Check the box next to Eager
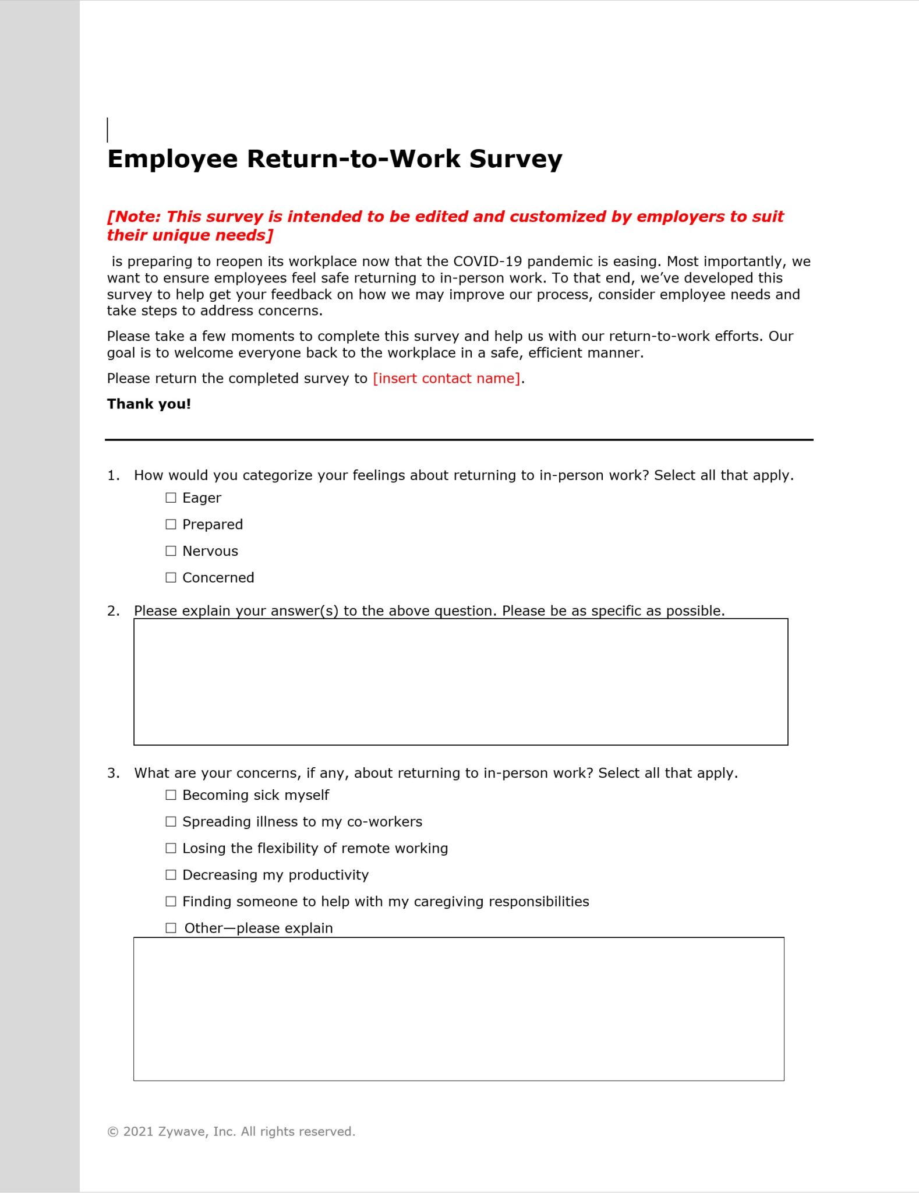(171, 497)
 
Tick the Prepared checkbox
(171, 524)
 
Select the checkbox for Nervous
(171, 550)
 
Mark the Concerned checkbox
(171, 577)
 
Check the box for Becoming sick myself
(171, 795)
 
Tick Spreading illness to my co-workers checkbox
(171, 821)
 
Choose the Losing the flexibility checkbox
(171, 848)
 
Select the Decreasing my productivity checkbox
(171, 874)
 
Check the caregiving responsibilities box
(171, 901)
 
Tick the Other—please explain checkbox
(171, 928)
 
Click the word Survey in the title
(515, 159)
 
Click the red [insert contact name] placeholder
(447, 379)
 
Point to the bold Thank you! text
(149, 404)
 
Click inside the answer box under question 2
(460, 682)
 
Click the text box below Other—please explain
(458, 1009)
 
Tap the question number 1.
(113, 475)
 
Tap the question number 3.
(113, 773)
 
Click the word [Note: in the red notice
(133, 217)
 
